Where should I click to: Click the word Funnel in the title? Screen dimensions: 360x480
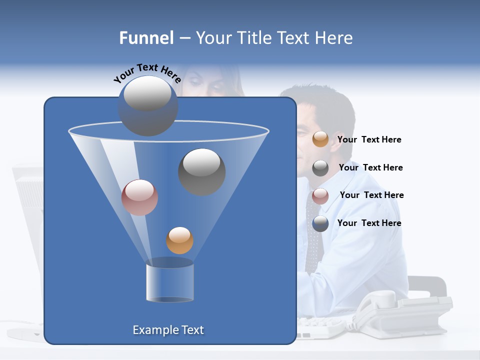(146, 38)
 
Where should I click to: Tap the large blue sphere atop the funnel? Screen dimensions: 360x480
(148, 105)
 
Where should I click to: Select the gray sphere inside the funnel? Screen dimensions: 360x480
(201, 171)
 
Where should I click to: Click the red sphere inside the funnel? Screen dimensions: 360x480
(139, 197)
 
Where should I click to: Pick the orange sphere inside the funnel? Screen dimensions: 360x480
(179, 240)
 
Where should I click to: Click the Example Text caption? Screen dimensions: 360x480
(168, 330)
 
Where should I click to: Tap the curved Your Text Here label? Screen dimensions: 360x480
(147, 73)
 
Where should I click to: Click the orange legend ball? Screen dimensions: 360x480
(320, 139)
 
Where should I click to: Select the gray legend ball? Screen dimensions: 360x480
(320, 168)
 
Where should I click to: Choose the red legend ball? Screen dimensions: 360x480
(320, 196)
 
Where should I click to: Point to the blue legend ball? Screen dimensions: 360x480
(320, 223)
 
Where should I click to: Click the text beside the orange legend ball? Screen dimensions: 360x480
(369, 139)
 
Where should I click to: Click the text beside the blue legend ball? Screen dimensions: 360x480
(369, 223)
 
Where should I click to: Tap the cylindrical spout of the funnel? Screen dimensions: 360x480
(169, 282)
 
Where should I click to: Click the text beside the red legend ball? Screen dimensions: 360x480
(371, 195)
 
